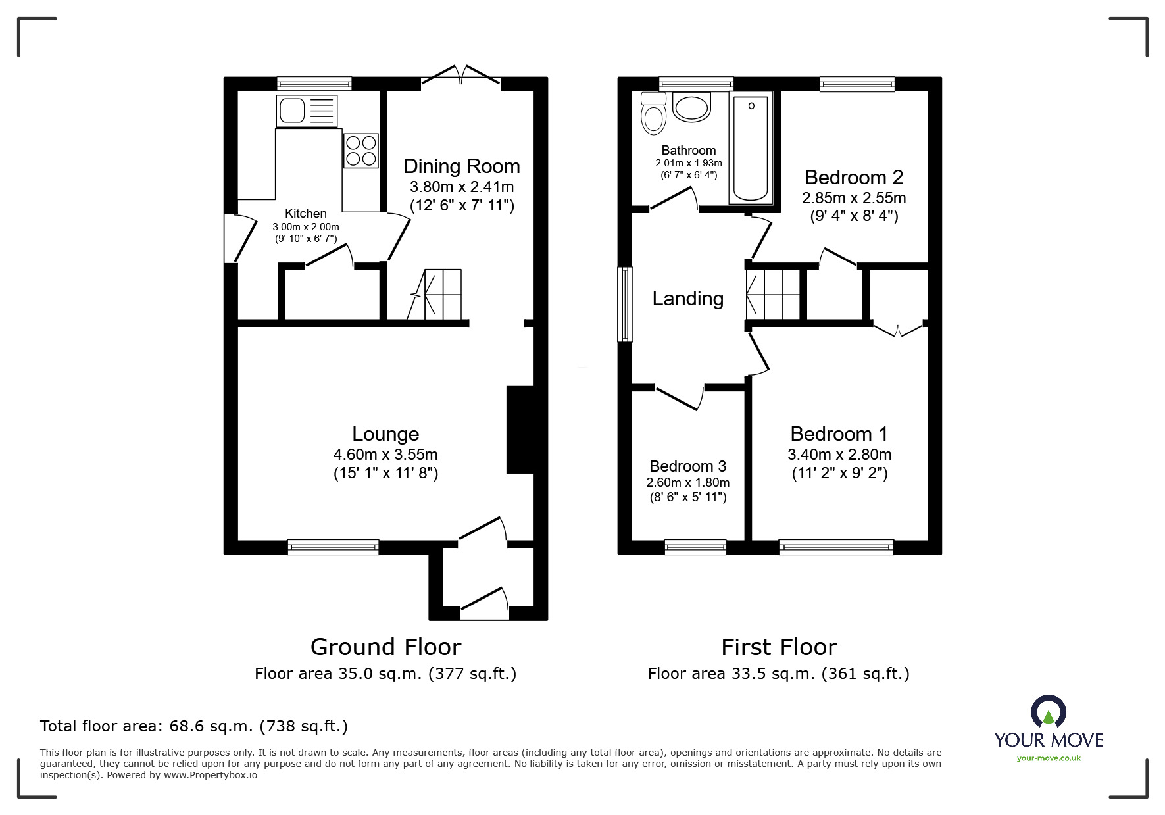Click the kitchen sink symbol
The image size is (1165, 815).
coord(307,111)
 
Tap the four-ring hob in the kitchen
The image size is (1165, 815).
coord(361,151)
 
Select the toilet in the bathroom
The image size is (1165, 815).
coord(653,114)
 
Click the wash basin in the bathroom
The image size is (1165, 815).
coord(691,108)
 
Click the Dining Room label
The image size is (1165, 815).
coord(461,166)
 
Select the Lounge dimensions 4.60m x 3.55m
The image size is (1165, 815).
coord(385,455)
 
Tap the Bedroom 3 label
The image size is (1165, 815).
coord(687,466)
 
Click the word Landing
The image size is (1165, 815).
coord(687,299)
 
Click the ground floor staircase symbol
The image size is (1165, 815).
coord(437,295)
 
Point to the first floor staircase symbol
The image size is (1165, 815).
coord(773,295)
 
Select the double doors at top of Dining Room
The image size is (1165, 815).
coord(460,75)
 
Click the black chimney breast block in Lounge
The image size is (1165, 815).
coord(520,430)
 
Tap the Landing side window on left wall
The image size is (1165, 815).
coord(624,304)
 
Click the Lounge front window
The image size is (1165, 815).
coord(333,547)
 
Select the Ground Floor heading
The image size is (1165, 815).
coord(385,647)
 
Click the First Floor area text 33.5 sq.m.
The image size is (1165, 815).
coord(778,674)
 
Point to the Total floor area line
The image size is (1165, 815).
coord(194,726)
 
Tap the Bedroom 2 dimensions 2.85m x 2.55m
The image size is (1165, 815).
coord(853,198)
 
